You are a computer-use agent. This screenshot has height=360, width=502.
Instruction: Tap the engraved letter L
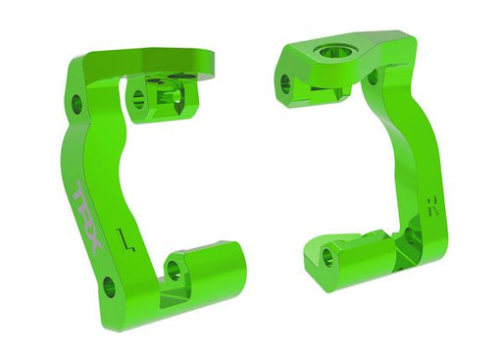[x=121, y=237]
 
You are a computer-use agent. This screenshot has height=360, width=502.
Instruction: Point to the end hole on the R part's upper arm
[x=285, y=82]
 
